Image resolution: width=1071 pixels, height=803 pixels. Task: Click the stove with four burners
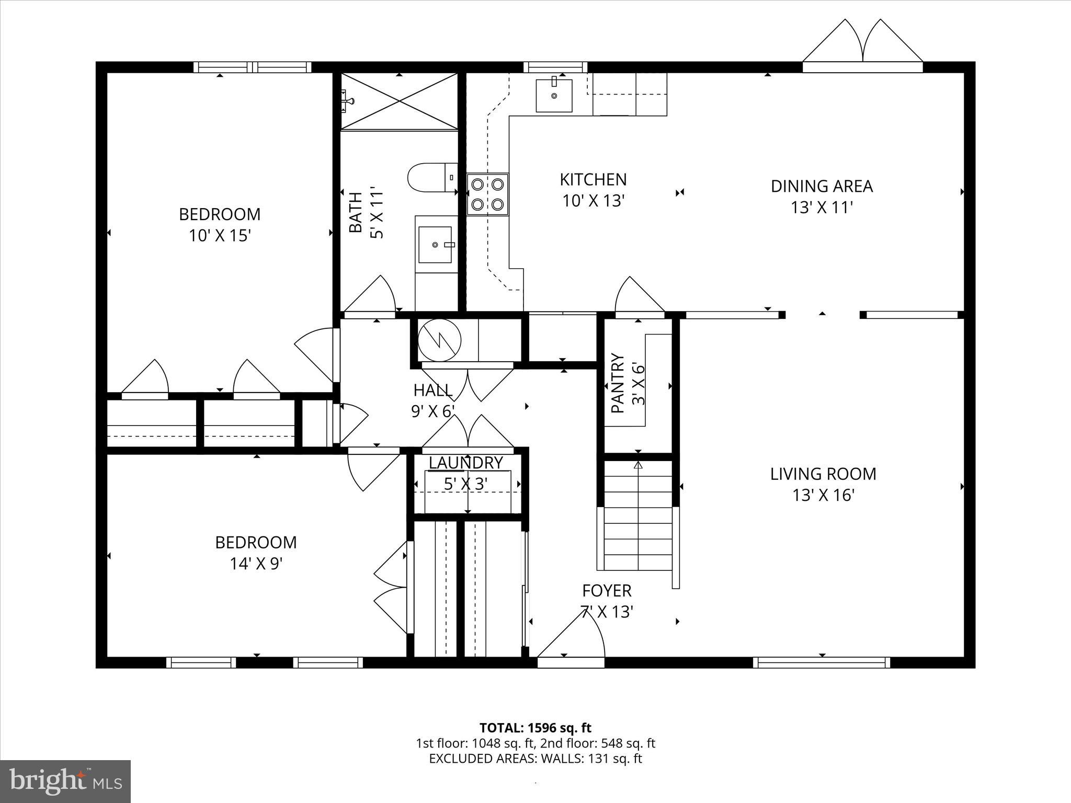point(487,194)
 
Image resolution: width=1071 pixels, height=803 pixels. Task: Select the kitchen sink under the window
point(554,95)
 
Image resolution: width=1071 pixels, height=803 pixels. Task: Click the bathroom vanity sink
point(435,244)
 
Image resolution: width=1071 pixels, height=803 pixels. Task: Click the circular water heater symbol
point(440,340)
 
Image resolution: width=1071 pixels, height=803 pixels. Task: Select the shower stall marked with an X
point(399,101)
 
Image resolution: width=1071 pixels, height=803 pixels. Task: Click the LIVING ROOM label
point(823,474)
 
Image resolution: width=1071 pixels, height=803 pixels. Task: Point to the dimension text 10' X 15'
point(220,236)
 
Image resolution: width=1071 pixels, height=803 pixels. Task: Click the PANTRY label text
point(618,383)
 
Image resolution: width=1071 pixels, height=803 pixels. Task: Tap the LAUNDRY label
point(465,463)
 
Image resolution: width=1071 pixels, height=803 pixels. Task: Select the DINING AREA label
point(822,186)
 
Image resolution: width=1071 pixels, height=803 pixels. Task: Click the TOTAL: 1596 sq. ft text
point(535,728)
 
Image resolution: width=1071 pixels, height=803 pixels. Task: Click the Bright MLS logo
point(65,781)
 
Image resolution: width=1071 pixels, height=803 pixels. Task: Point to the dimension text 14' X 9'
point(256,564)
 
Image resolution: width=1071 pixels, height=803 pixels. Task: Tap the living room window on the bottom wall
point(822,663)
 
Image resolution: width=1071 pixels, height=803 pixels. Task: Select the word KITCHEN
point(593,180)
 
